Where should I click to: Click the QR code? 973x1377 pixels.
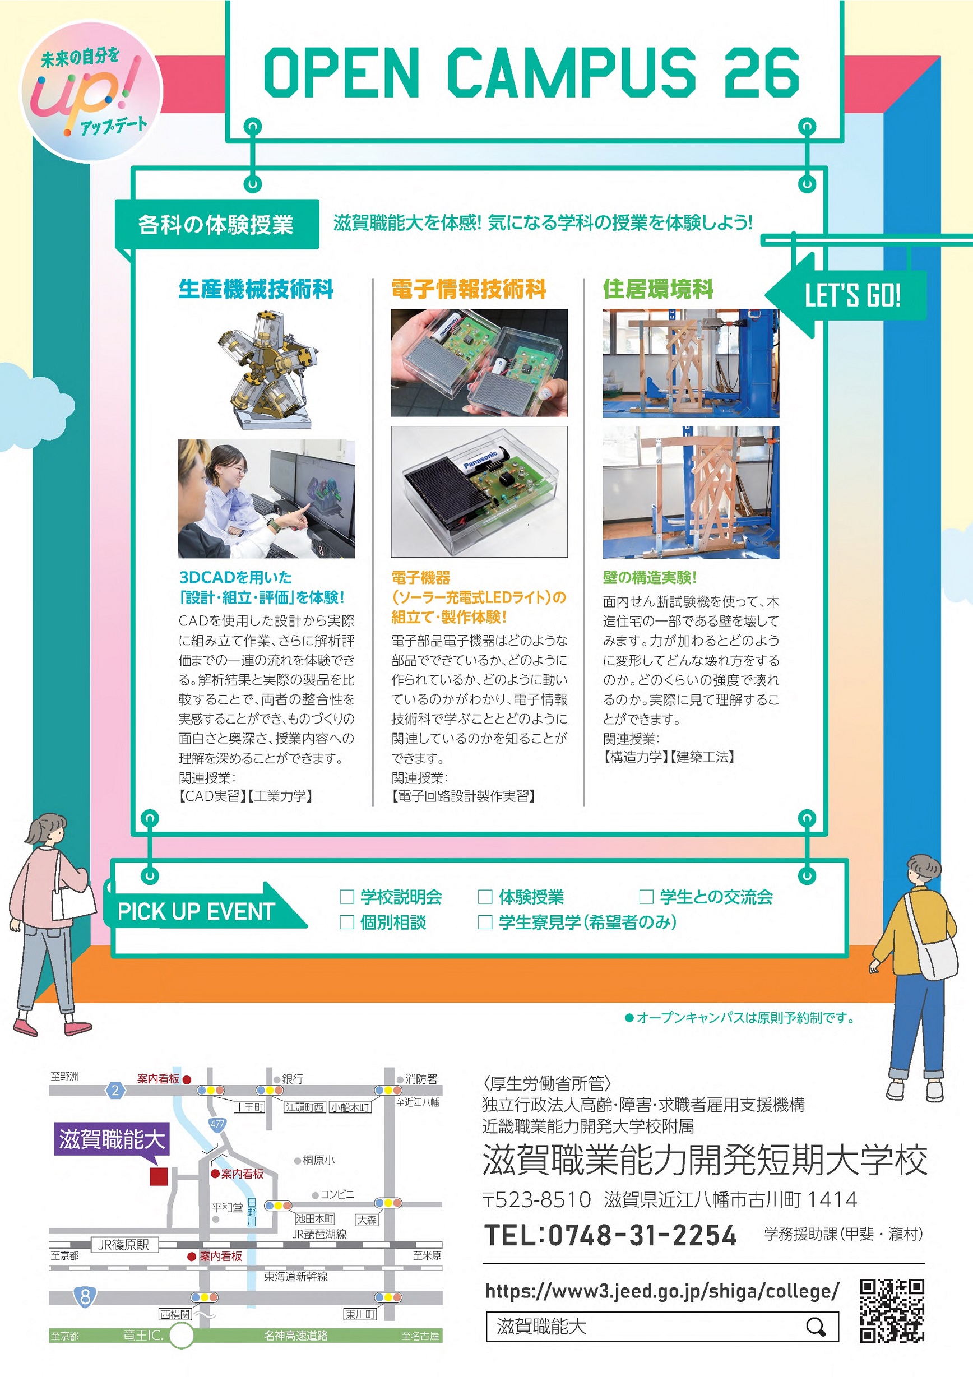[891, 1310]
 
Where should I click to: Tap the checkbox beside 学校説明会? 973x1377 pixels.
[347, 897]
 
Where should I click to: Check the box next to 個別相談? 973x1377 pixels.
[347, 922]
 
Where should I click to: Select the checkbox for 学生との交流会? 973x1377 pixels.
[646, 897]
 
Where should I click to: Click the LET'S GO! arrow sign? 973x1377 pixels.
[846, 295]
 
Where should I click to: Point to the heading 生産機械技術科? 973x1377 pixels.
[256, 289]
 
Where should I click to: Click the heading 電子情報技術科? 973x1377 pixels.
[469, 289]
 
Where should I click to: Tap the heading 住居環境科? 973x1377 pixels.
[658, 289]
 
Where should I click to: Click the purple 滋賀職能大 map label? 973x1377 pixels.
[112, 1139]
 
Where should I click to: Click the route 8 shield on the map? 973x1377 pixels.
[85, 1297]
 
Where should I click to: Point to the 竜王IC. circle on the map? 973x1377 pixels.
[181, 1335]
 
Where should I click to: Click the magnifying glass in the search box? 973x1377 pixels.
[816, 1327]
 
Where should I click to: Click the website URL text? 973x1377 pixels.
[662, 1291]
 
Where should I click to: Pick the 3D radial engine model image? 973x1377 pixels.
[267, 369]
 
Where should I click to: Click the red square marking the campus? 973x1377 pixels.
[159, 1176]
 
